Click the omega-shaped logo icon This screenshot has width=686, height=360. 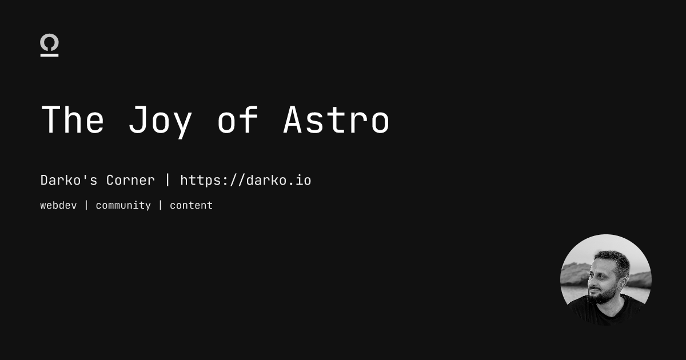click(x=50, y=46)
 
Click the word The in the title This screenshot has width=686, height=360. click(x=73, y=120)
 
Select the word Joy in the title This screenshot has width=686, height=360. click(x=160, y=121)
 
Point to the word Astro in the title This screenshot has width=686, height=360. click(x=337, y=120)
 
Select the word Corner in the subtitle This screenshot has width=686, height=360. click(x=130, y=181)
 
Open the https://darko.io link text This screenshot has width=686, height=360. click(x=246, y=181)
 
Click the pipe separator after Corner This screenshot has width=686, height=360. click(x=167, y=181)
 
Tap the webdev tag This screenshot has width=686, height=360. click(x=58, y=205)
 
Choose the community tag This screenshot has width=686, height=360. click(x=123, y=205)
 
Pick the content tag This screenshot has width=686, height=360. click(x=191, y=205)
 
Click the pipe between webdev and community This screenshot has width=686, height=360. click(x=86, y=205)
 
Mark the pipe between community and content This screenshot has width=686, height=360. click(x=161, y=205)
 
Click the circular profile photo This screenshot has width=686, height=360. click(x=606, y=280)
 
